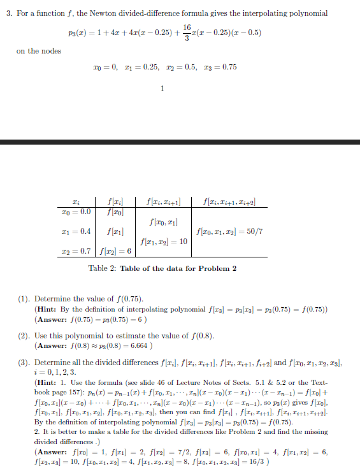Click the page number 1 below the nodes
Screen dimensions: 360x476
coord(164,88)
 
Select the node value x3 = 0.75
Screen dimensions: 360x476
coord(220,68)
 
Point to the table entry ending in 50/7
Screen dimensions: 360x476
coord(230,232)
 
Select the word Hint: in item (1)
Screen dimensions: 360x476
coord(48,308)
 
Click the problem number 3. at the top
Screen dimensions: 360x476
coord(10,13)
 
